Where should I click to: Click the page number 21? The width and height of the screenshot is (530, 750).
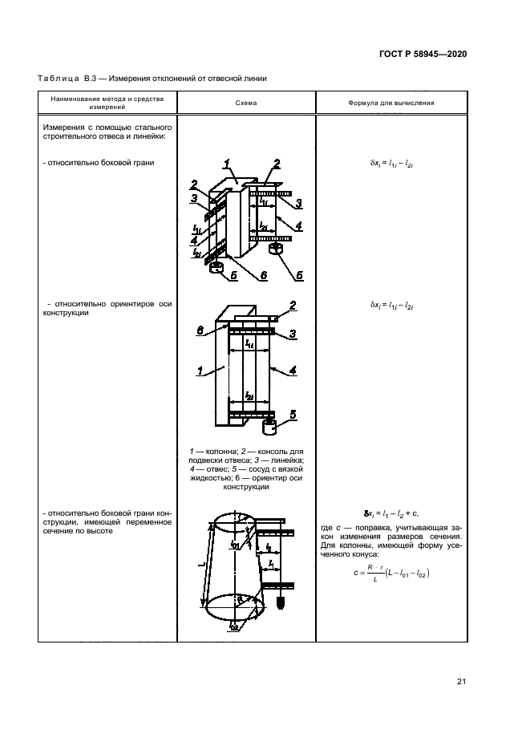[461, 682]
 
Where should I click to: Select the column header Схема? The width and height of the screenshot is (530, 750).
[246, 103]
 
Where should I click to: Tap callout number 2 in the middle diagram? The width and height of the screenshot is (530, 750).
[293, 306]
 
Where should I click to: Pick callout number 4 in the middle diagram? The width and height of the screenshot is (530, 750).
[293, 371]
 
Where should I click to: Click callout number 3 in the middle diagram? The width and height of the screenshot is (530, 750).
[293, 334]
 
